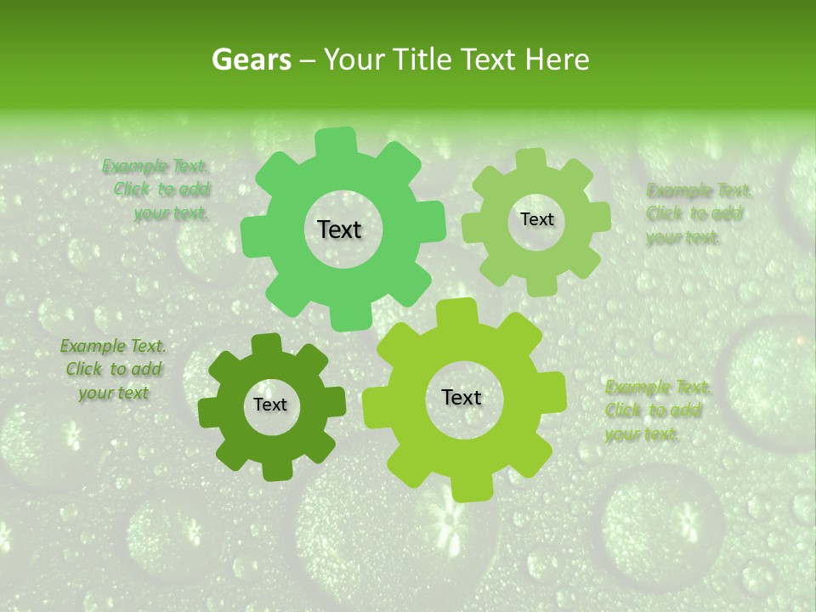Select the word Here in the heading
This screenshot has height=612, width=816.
point(558,59)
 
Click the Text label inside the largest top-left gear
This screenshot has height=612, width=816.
point(339,229)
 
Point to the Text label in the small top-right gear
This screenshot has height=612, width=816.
point(536,219)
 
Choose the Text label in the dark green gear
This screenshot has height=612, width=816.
point(270,405)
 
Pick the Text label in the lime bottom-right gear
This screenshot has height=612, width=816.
point(462,398)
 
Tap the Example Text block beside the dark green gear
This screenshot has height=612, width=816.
point(113,369)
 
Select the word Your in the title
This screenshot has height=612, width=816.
point(351,59)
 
